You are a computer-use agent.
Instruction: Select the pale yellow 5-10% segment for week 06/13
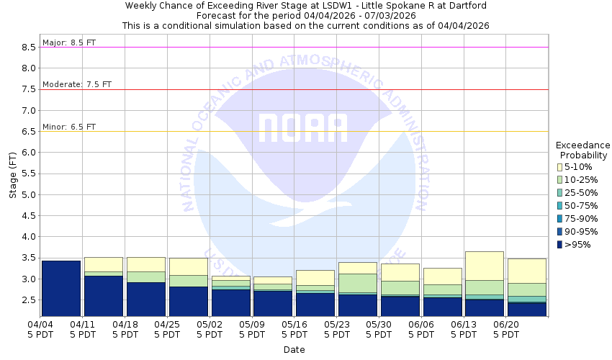pos(484,266)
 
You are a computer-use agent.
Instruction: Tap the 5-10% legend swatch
pos(561,167)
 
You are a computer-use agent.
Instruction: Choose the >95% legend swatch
pos(561,245)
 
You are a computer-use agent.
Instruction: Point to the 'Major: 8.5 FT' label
pos(69,42)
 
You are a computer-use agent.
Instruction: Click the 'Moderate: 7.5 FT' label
pos(77,84)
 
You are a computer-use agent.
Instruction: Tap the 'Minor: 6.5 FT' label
pos(69,127)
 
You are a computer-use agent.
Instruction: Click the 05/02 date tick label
pos(210,329)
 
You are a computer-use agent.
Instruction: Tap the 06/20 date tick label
pos(506,329)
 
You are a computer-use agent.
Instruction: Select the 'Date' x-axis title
pos(294,350)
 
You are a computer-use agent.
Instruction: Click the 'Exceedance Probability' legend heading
pos(583,149)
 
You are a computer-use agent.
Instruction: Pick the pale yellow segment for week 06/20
pos(526,271)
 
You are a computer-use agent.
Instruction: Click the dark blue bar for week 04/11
pos(103,296)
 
